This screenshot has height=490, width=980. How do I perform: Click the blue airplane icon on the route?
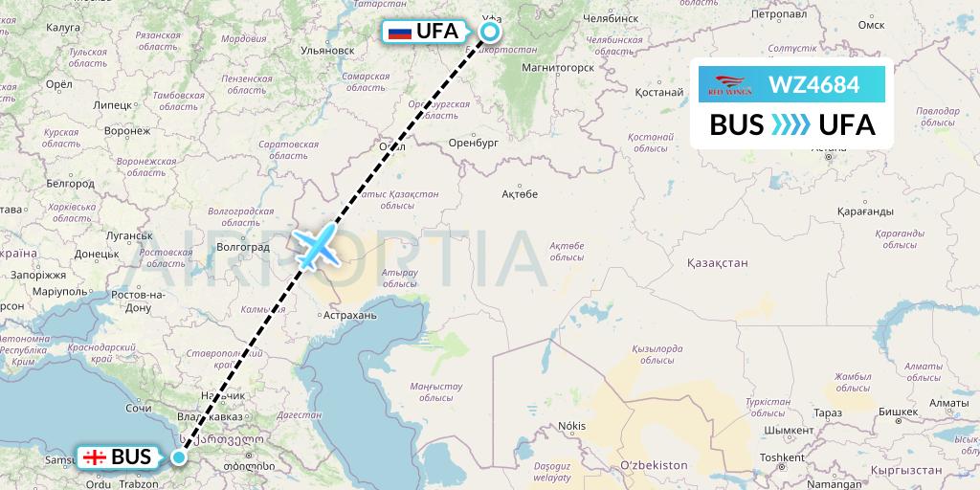click(314, 247)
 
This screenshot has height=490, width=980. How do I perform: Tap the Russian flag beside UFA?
click(400, 32)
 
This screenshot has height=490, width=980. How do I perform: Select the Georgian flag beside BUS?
click(95, 457)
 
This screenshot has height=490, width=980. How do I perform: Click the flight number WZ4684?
click(814, 85)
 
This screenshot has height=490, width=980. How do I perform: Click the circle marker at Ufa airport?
click(490, 32)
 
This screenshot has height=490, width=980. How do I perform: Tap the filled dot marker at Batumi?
click(179, 457)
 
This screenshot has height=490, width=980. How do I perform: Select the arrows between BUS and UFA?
click(791, 125)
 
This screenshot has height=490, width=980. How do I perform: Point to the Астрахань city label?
click(351, 314)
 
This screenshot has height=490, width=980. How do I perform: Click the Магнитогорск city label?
click(558, 68)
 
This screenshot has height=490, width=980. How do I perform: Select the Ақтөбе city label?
click(521, 194)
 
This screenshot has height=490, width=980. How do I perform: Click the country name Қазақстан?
click(717, 262)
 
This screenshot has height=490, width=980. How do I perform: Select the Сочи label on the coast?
click(139, 408)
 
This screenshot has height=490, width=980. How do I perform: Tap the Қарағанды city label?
click(864, 211)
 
